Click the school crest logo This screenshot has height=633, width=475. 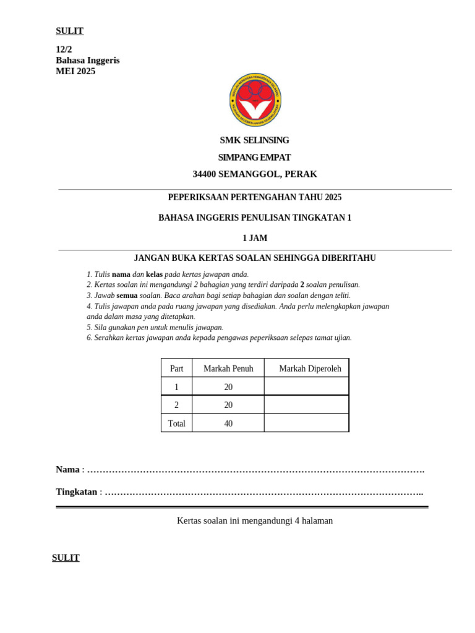click(x=255, y=100)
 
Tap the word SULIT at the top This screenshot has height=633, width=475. click(x=69, y=31)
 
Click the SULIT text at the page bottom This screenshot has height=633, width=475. click(x=66, y=558)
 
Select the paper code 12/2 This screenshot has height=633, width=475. click(x=64, y=49)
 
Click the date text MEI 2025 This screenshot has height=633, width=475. click(x=75, y=71)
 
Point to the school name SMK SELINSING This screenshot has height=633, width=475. click(x=254, y=140)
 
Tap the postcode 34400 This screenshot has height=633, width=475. click(x=204, y=174)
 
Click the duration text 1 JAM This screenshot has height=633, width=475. click(x=255, y=238)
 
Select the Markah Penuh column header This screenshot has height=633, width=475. click(x=228, y=368)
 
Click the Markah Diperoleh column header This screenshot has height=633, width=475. click(x=310, y=368)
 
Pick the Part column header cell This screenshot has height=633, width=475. click(x=176, y=368)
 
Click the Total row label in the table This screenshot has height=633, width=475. click(x=176, y=423)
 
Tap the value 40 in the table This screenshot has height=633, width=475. click(x=228, y=423)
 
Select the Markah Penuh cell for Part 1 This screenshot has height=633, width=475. click(x=228, y=387)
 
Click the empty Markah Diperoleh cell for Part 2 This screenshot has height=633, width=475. click(x=306, y=405)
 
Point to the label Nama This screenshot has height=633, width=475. click(x=67, y=469)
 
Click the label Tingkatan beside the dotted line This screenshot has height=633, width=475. click(x=76, y=492)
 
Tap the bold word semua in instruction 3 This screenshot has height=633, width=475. click(x=127, y=295)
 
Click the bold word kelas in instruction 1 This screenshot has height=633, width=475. click(x=154, y=274)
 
